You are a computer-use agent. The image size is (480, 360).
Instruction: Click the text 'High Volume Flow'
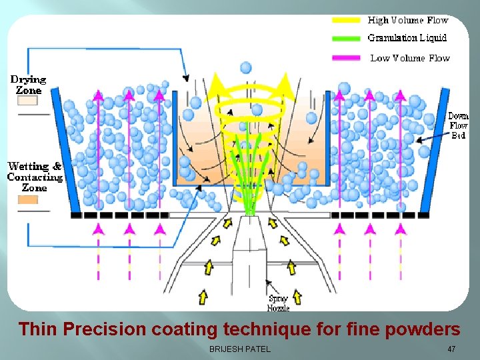coord(408,21)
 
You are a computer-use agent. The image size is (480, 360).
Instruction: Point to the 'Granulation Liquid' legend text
coord(407,38)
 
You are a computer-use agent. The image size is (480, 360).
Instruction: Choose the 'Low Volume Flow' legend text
coord(410,58)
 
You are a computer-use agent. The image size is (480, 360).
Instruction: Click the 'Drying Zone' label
coord(28,85)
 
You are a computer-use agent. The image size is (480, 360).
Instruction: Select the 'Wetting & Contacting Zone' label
coord(35,177)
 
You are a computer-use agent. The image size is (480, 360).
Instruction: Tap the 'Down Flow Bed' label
coord(458,125)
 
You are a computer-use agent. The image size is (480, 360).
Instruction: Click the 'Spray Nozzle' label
coord(279,303)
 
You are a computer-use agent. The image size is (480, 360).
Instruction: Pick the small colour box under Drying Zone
coord(27,101)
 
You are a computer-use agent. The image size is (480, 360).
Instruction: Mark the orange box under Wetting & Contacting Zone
coord(27,199)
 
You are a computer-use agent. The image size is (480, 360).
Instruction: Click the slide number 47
coord(451,349)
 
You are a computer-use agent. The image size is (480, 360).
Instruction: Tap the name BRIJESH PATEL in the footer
coord(240,349)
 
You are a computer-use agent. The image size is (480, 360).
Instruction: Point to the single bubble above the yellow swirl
coord(246,67)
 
